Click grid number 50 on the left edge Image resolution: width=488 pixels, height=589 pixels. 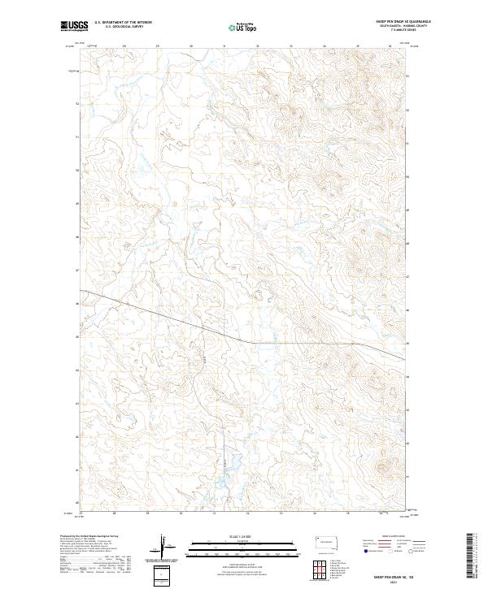pos(77,171)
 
